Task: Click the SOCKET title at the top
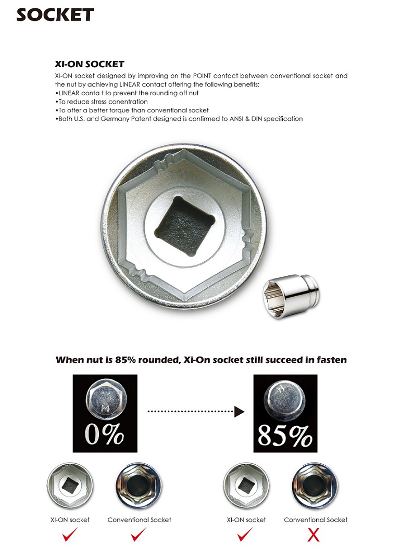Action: coord(55,14)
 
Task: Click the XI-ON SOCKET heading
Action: coord(90,65)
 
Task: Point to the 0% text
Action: coord(105,434)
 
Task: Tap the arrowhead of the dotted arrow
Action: coord(239,412)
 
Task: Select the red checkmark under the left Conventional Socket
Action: coord(139,535)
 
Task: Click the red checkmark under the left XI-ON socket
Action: coord(70,535)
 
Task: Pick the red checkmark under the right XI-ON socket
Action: coord(245,535)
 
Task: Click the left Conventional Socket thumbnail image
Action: coord(139,488)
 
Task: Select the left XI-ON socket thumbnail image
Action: coord(70,488)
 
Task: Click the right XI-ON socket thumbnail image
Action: coord(246,488)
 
